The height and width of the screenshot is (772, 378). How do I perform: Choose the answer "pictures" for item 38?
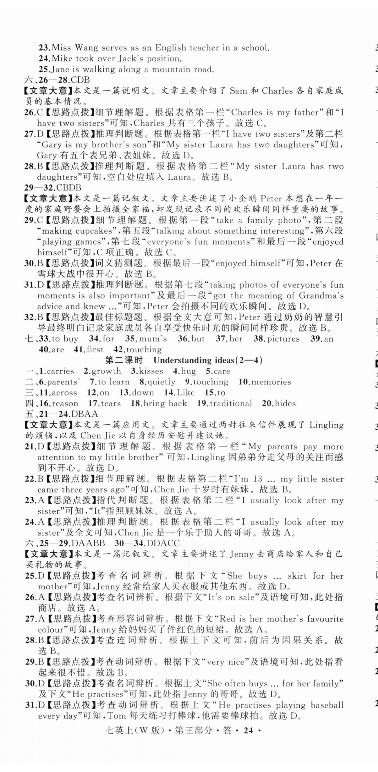[x=283, y=339]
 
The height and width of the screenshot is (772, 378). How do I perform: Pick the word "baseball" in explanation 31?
[x=327, y=705]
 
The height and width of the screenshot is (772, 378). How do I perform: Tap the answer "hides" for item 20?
[x=285, y=403]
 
